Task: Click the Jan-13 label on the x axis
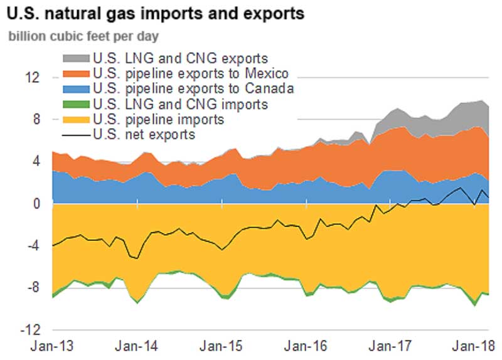pos(53,346)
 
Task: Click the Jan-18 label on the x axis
pos(472,346)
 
